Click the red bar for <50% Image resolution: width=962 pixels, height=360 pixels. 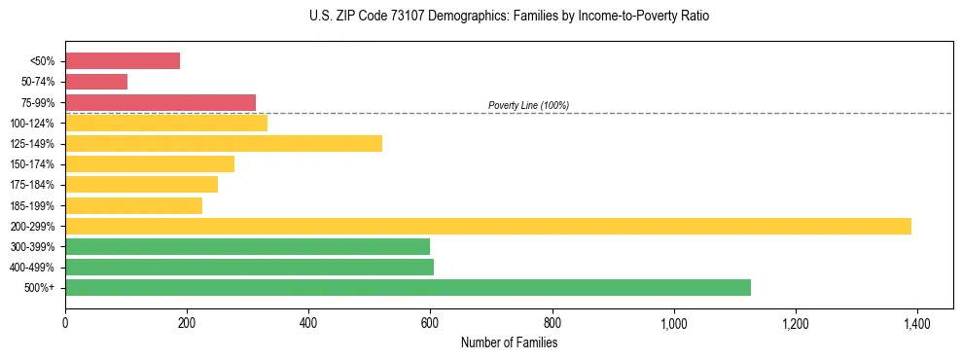[123, 61]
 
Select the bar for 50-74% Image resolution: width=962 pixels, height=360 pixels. [96, 82]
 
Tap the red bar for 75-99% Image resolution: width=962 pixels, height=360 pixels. [160, 102]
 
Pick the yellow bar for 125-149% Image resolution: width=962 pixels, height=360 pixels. [224, 144]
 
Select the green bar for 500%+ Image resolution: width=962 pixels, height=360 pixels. [408, 287]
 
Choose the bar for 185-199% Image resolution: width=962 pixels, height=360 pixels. [133, 205]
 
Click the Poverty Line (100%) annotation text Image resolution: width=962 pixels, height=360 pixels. [528, 105]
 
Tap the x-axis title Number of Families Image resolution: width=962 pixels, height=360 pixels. [509, 342]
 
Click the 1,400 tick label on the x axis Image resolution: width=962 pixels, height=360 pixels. [917, 323]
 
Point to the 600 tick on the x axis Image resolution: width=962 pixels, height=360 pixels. [430, 323]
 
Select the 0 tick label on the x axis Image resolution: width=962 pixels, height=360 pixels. [65, 323]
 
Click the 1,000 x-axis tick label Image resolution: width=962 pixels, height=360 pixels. [673, 323]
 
